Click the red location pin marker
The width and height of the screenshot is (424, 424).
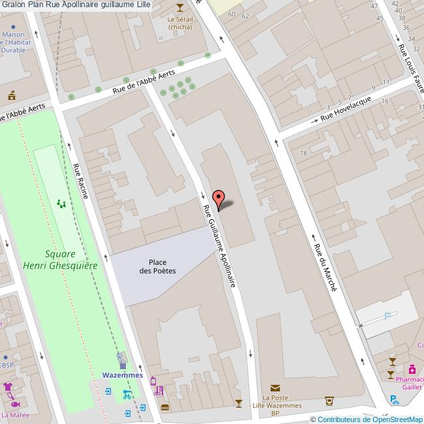(x=219, y=199)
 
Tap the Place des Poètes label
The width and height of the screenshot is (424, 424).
(x=157, y=266)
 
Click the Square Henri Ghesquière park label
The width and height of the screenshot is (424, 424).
(x=60, y=260)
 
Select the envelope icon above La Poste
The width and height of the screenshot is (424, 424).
(x=275, y=387)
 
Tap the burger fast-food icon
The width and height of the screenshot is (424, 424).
(x=164, y=408)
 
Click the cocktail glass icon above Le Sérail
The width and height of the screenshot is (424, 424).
(x=180, y=7)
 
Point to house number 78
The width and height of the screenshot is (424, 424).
(x=303, y=153)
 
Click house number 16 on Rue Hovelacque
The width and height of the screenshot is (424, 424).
(x=385, y=101)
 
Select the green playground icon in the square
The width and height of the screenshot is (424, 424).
(x=61, y=204)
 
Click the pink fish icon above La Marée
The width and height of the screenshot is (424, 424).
(x=14, y=403)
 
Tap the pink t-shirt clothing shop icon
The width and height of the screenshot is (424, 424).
(x=8, y=387)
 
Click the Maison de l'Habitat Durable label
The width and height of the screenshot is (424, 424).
(x=14, y=42)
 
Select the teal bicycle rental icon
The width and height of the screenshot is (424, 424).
(x=127, y=394)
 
